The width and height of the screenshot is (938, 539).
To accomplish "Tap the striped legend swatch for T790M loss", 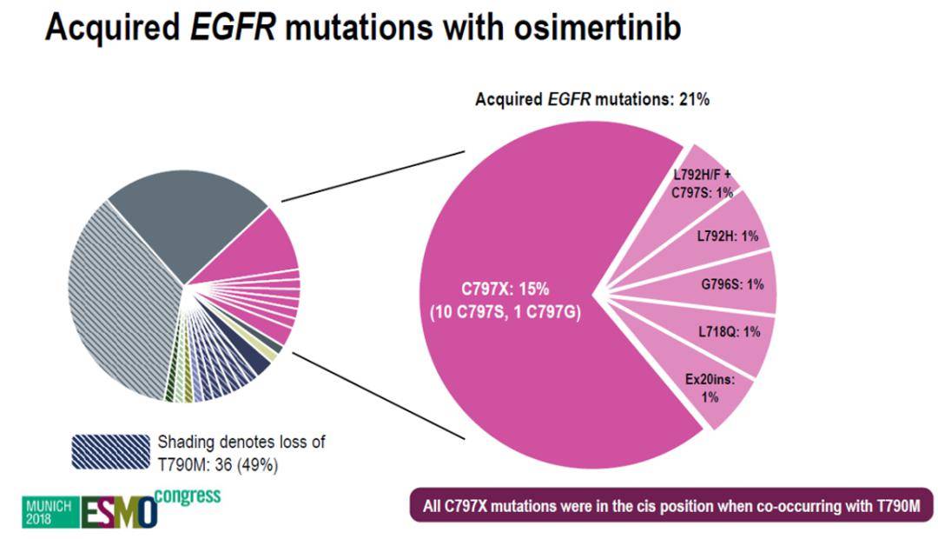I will coord(109,452).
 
